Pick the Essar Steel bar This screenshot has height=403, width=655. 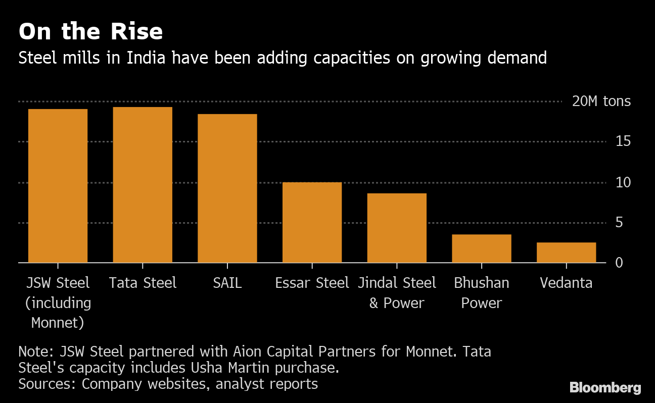tap(312, 222)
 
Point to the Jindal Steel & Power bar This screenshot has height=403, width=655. tap(397, 228)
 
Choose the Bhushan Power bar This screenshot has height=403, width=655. tap(481, 248)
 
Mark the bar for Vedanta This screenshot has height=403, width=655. tap(566, 253)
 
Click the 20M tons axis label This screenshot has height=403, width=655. tap(601, 102)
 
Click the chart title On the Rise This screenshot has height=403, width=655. tap(90, 32)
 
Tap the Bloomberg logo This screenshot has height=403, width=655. tap(605, 388)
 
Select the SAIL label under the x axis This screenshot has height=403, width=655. tap(227, 283)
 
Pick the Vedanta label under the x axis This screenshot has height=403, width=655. tap(566, 283)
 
